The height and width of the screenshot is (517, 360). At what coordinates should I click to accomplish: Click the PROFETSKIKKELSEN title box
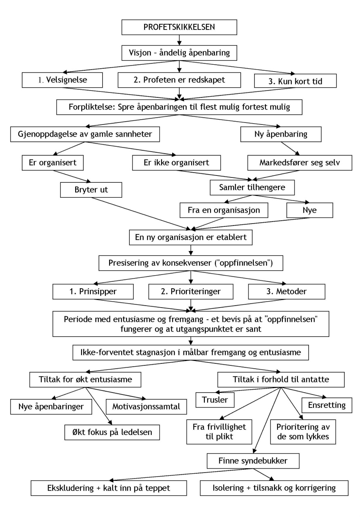click(x=179, y=27)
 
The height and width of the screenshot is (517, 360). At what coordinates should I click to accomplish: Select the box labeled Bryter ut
click(x=91, y=190)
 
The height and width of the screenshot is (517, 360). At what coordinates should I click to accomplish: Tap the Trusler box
click(x=215, y=400)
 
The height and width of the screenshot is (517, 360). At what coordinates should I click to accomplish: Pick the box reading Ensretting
click(x=327, y=405)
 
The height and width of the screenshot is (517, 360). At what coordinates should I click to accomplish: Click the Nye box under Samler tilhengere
click(x=309, y=210)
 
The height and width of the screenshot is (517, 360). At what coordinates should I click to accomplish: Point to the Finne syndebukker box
click(x=253, y=461)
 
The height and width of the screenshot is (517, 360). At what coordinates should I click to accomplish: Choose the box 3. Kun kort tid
click(x=295, y=81)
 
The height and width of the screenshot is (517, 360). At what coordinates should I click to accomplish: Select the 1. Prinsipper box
click(x=93, y=291)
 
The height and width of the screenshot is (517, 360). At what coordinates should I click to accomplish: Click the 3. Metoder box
click(x=286, y=291)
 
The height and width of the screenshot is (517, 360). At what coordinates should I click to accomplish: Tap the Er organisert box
click(x=53, y=163)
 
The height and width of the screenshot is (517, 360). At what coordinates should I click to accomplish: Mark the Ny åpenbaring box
click(x=281, y=134)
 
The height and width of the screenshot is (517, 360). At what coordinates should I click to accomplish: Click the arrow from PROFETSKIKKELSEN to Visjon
click(x=179, y=40)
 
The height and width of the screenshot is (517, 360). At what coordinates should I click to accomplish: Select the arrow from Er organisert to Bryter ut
click(x=72, y=177)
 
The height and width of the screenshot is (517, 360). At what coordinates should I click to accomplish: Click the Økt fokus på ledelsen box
click(x=112, y=432)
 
